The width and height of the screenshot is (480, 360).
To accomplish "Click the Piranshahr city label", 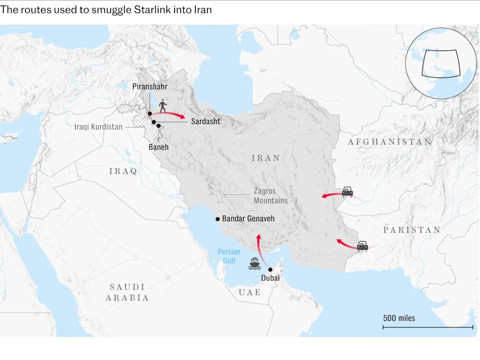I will tap(149, 86).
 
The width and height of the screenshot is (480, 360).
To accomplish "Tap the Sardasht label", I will tap(205, 121).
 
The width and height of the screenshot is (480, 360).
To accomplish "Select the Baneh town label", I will tap(158, 147).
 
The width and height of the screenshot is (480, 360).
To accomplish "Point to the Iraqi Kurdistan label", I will tap(98, 127).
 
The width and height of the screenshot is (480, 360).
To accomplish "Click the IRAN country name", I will tap(265, 158).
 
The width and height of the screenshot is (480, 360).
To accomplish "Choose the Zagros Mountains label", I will tap(270, 195).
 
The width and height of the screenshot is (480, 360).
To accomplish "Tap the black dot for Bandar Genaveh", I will tap(217, 219).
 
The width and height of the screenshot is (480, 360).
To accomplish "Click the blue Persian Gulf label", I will tap(229, 256).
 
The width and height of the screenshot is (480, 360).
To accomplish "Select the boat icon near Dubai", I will tap(254, 263).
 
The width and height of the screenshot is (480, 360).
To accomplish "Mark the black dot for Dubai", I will tap(270, 269).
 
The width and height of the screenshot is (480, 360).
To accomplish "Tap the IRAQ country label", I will tap(123, 171).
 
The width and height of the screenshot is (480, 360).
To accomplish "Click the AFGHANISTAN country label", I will tap(389, 141).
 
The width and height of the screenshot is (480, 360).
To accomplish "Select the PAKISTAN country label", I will tap(411, 230).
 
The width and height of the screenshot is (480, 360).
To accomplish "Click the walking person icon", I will tap(162, 106).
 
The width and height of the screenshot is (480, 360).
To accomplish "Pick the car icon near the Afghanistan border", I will tap(347, 191).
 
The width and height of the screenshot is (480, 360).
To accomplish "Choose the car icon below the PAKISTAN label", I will tap(362, 245).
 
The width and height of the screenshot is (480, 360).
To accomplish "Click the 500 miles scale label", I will tap(399, 318).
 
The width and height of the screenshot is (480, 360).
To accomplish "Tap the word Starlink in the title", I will tap(146, 10).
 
